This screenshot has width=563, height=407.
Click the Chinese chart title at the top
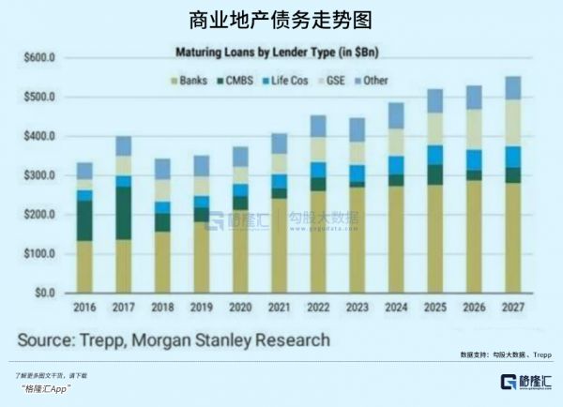pyautogui.click(x=281, y=18)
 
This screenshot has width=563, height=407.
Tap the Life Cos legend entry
pyautogui.click(x=292, y=81)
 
